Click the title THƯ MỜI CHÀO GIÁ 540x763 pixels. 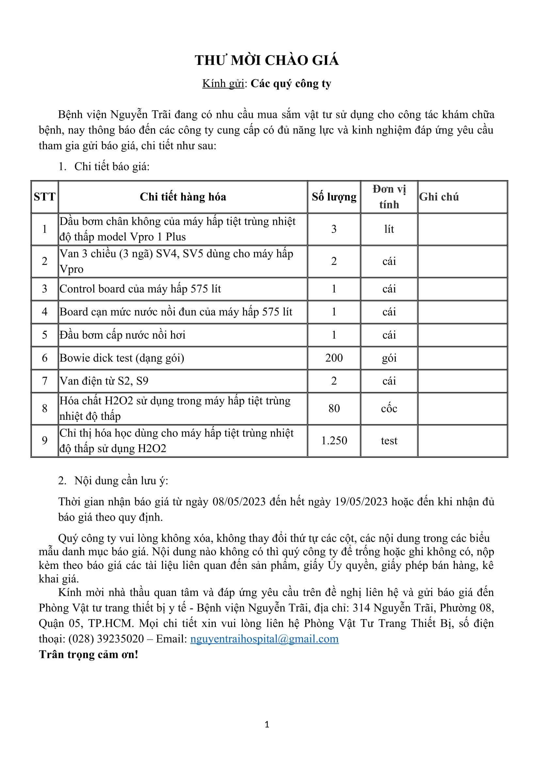(x=267, y=60)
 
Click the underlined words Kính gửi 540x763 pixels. (x=223, y=84)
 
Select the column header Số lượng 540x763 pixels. (x=334, y=197)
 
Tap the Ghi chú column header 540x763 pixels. (x=438, y=197)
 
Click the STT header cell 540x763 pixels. (x=44, y=197)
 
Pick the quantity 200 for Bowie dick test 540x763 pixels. (x=334, y=358)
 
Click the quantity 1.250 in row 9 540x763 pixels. (x=334, y=441)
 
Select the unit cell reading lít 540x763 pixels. (x=389, y=229)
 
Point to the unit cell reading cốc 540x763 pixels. (x=389, y=408)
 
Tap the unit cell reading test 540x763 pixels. (x=389, y=441)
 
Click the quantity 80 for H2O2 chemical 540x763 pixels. (x=334, y=408)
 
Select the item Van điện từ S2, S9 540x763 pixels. (x=104, y=381)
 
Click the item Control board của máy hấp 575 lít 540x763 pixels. (x=140, y=289)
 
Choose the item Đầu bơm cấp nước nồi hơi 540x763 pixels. (x=122, y=335)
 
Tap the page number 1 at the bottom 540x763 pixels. (x=267, y=725)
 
